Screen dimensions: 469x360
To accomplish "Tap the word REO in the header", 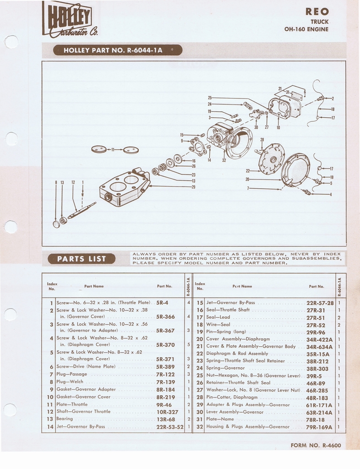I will tap(317, 12).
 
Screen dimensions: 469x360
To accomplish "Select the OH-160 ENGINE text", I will tap(306, 29).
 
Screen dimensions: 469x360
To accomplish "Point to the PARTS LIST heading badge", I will tap(82, 259).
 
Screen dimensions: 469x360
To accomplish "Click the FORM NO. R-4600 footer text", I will tap(316, 445).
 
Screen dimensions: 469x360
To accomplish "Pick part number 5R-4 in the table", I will tap(162, 303).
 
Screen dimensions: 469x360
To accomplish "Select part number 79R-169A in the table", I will tap(319, 427).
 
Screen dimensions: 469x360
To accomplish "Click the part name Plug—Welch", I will tap(70, 382).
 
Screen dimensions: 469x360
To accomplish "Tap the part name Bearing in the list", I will tap(65, 419).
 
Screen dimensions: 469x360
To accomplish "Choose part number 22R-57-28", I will tap(320, 303).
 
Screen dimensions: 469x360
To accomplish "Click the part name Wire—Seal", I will tap(218, 325).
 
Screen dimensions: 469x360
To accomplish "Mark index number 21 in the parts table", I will tap(200, 346).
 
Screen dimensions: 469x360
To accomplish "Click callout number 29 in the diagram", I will tap(193, 187).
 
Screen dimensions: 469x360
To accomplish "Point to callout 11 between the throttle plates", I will tap(113, 149).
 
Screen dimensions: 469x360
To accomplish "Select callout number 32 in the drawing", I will tap(224, 160).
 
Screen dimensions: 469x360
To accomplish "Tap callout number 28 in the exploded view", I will tap(262, 140).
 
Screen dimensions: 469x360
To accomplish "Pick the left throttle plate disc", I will tap(98, 149).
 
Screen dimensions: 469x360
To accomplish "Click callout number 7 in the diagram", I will tap(248, 188).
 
